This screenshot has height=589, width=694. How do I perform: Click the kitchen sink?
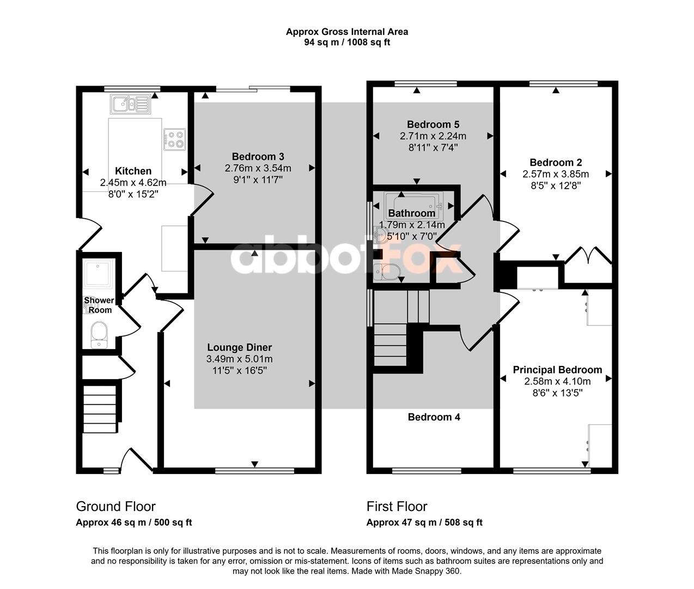point(130,104)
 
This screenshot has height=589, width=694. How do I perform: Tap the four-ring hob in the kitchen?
point(175,140)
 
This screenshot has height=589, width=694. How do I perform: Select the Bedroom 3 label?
point(258,157)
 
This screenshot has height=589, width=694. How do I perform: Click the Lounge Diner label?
point(239,347)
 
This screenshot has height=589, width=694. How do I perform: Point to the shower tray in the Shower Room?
point(99,274)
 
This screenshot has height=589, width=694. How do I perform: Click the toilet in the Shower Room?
point(99,335)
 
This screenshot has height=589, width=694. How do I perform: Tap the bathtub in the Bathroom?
point(413,206)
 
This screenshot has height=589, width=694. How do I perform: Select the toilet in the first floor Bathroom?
point(386,272)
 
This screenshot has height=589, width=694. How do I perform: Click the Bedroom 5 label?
point(433,125)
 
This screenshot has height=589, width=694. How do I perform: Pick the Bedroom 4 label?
point(434,417)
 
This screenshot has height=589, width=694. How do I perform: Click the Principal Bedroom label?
point(557,370)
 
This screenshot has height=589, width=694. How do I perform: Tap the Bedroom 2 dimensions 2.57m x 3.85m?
point(556,174)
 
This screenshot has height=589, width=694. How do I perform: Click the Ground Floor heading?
point(116,506)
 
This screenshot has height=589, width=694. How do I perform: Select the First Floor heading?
point(397,506)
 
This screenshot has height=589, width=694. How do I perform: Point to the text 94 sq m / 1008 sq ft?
point(347,43)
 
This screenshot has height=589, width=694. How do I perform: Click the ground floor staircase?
point(100,409)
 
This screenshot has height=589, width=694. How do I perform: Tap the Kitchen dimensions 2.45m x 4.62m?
point(133,183)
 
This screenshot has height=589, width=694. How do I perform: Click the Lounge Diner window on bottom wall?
point(254,471)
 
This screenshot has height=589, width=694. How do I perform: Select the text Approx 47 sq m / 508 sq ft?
point(424,522)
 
